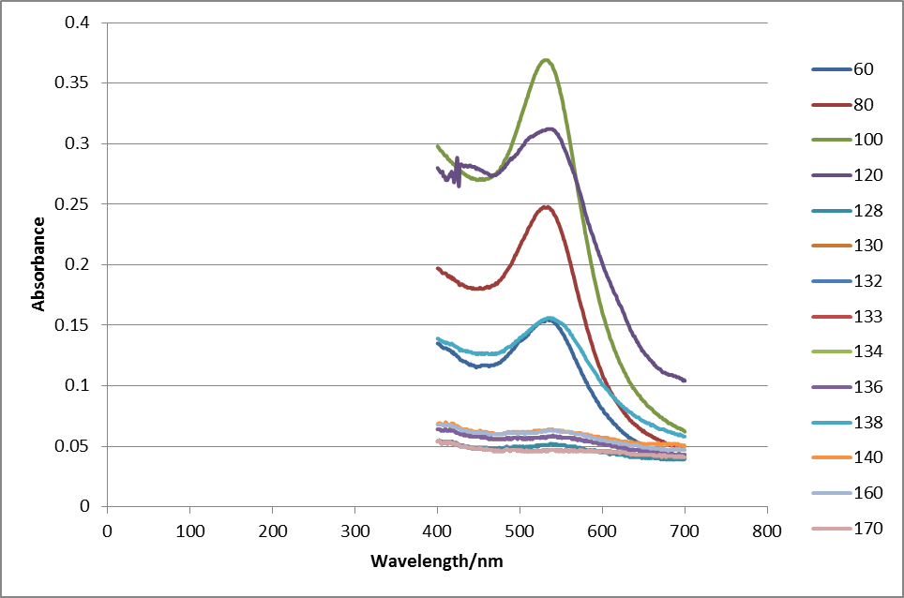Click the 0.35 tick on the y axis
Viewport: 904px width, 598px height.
[81, 83]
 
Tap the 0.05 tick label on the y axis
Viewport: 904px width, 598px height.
[81, 446]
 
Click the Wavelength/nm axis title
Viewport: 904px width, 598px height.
[437, 562]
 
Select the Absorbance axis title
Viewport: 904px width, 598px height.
[39, 263]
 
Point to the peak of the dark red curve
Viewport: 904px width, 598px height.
[545, 207]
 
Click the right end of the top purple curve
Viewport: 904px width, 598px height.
[685, 381]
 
